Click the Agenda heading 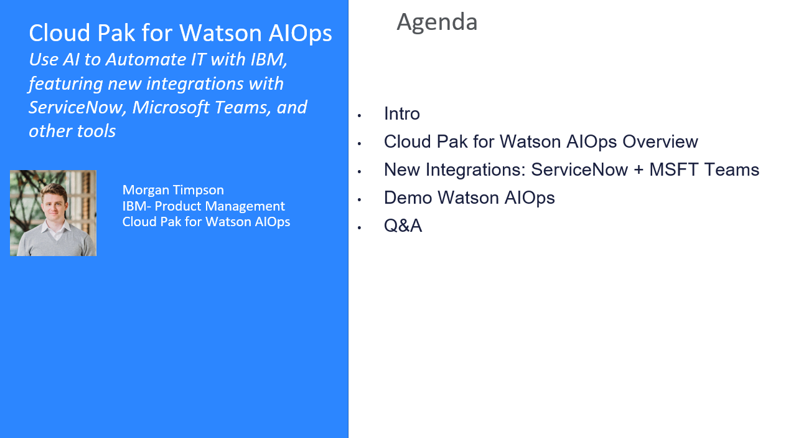tap(437, 22)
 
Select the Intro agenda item tap(401, 114)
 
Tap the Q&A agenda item tap(403, 226)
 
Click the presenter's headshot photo tap(53, 213)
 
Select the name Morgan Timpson tap(173, 190)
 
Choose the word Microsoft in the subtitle tap(171, 108)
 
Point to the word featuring tap(65, 83)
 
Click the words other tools tap(72, 131)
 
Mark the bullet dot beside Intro tap(360, 115)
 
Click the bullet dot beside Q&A tap(360, 227)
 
